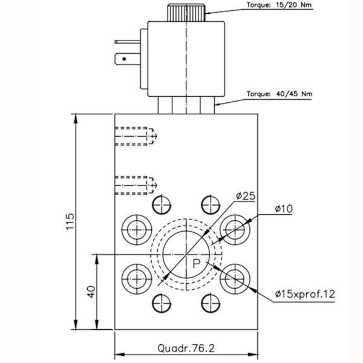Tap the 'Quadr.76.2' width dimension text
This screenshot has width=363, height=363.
(186, 348)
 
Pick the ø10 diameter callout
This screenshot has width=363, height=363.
(283, 208)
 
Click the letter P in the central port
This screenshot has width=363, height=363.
(197, 264)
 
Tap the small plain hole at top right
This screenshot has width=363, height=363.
(210, 204)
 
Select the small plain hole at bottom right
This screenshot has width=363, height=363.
(210, 302)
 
